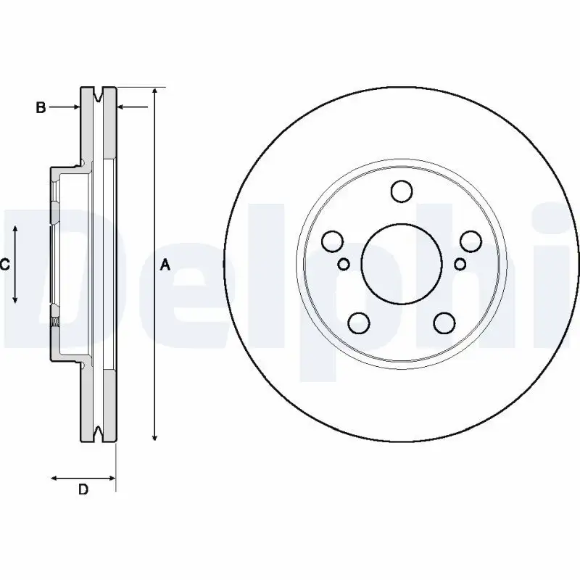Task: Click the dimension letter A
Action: pyautogui.click(x=165, y=265)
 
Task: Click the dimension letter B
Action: pyautogui.click(x=41, y=107)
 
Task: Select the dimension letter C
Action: pyautogui.click(x=4, y=265)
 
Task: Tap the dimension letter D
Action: pyautogui.click(x=83, y=490)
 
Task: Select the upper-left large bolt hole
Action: pyautogui.click(x=332, y=241)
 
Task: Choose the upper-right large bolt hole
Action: pyautogui.click(x=471, y=241)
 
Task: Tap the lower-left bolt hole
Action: pyautogui.click(x=358, y=322)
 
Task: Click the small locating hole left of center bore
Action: pyautogui.click(x=344, y=264)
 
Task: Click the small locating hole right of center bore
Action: pyautogui.click(x=459, y=264)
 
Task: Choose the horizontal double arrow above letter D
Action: pyautogui.click(x=83, y=478)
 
